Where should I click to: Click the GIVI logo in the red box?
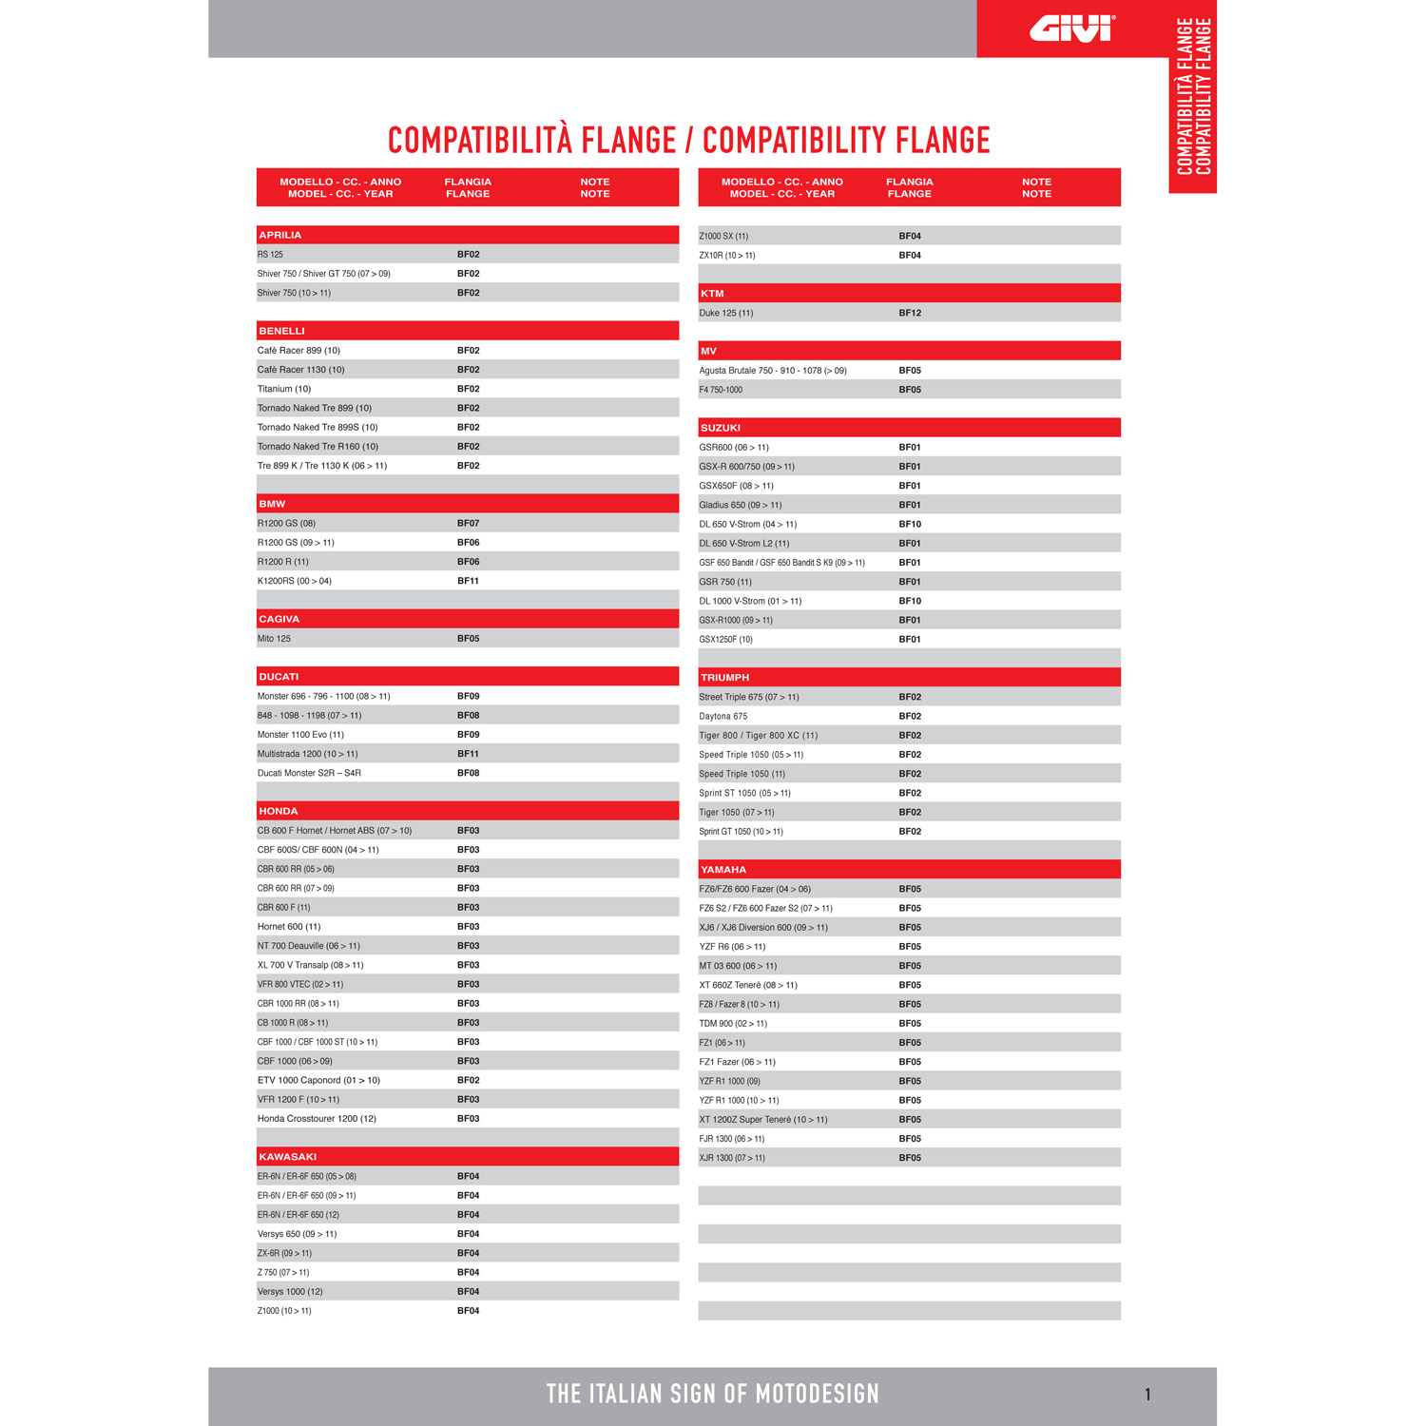(x=1071, y=29)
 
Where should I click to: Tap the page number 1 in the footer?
(x=1147, y=1395)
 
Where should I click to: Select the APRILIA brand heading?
(x=280, y=235)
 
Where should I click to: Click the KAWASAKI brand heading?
(x=288, y=1157)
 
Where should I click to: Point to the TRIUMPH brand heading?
(x=725, y=678)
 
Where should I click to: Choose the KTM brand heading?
(x=712, y=294)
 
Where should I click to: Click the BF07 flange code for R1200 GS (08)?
(x=468, y=524)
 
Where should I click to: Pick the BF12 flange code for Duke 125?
(x=910, y=313)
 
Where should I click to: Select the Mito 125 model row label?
(x=275, y=639)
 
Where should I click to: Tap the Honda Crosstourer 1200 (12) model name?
(x=317, y=1119)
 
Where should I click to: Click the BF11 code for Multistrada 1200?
(x=468, y=754)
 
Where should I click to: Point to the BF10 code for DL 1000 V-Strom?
(x=910, y=601)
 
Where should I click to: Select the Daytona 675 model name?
(x=723, y=717)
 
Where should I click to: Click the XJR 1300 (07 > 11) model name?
(x=732, y=1158)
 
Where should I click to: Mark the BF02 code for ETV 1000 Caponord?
(x=468, y=1081)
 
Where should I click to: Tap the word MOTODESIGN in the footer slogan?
(x=818, y=1395)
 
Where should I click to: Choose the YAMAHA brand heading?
(x=723, y=870)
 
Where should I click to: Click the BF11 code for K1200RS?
(x=468, y=581)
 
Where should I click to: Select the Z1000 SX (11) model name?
(x=723, y=236)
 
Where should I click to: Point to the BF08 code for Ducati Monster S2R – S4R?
(x=468, y=773)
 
